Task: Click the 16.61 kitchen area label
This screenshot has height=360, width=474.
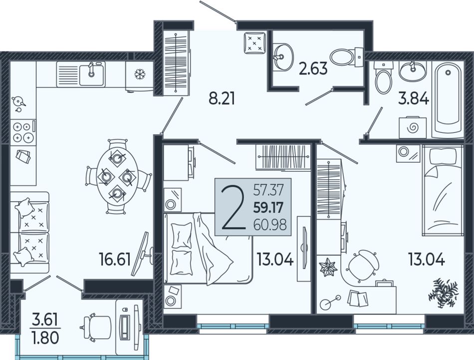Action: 115,260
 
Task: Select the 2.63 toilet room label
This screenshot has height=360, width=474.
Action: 313,68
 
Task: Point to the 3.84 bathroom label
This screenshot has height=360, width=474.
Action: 414,99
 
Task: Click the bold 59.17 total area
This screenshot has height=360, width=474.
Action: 268,208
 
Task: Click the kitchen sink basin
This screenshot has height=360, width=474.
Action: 92,75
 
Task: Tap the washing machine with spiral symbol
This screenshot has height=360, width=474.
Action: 413,128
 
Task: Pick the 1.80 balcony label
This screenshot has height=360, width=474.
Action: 45,338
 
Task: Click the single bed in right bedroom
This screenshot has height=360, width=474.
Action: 443,190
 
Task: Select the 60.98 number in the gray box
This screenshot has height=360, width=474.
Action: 270,225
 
